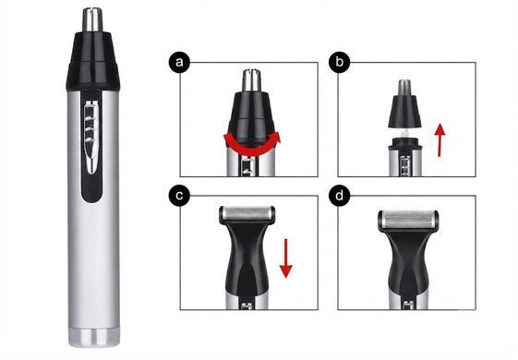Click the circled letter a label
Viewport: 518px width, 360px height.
pyautogui.click(x=179, y=62)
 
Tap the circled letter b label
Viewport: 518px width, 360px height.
pyautogui.click(x=340, y=62)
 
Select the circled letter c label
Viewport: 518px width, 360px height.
pyautogui.click(x=179, y=196)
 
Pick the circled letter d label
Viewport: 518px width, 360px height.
pyautogui.click(x=340, y=196)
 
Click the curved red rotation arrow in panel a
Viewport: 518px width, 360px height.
pyautogui.click(x=252, y=150)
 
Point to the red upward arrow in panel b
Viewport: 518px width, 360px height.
pyautogui.click(x=440, y=139)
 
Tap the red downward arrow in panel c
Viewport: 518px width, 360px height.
pyautogui.click(x=285, y=258)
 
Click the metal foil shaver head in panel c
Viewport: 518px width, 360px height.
pyautogui.click(x=247, y=213)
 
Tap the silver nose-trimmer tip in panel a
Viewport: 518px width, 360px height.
pyautogui.click(x=251, y=80)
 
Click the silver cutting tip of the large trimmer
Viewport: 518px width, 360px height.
pyautogui.click(x=92, y=20)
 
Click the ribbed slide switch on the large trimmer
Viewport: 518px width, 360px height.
pyautogui.click(x=91, y=136)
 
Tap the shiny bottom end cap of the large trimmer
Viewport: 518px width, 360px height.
pyautogui.click(x=94, y=338)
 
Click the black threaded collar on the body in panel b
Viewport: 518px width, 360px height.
pyautogui.click(x=405, y=144)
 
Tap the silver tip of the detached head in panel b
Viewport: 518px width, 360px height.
pyautogui.click(x=404, y=86)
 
